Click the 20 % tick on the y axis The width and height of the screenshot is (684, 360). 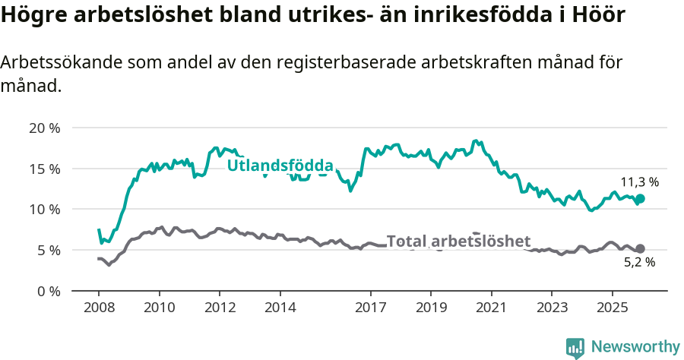pos(44,128)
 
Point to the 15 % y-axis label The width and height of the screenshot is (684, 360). pos(44,169)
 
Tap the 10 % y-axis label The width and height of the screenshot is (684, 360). pos(44,209)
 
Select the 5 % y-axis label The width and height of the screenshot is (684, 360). pos(47,250)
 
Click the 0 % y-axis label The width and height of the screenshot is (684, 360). pos(47,291)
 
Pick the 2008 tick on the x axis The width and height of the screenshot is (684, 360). pos(99,307)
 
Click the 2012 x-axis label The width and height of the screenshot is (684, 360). pos(220,307)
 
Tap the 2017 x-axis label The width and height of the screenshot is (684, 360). pos(370,307)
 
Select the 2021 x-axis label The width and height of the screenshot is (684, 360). pos(491,307)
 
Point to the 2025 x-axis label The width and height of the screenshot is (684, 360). pos(612,307)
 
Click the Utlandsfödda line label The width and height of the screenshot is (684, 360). pos(280,166)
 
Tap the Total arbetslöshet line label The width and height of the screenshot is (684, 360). pos(458,242)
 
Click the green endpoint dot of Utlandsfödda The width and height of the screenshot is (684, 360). pos(640,198)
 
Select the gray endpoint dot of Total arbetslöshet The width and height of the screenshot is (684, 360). pos(640,248)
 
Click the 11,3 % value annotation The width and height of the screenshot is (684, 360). pos(639,182)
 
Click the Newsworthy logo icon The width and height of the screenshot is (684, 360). pos(575,347)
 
